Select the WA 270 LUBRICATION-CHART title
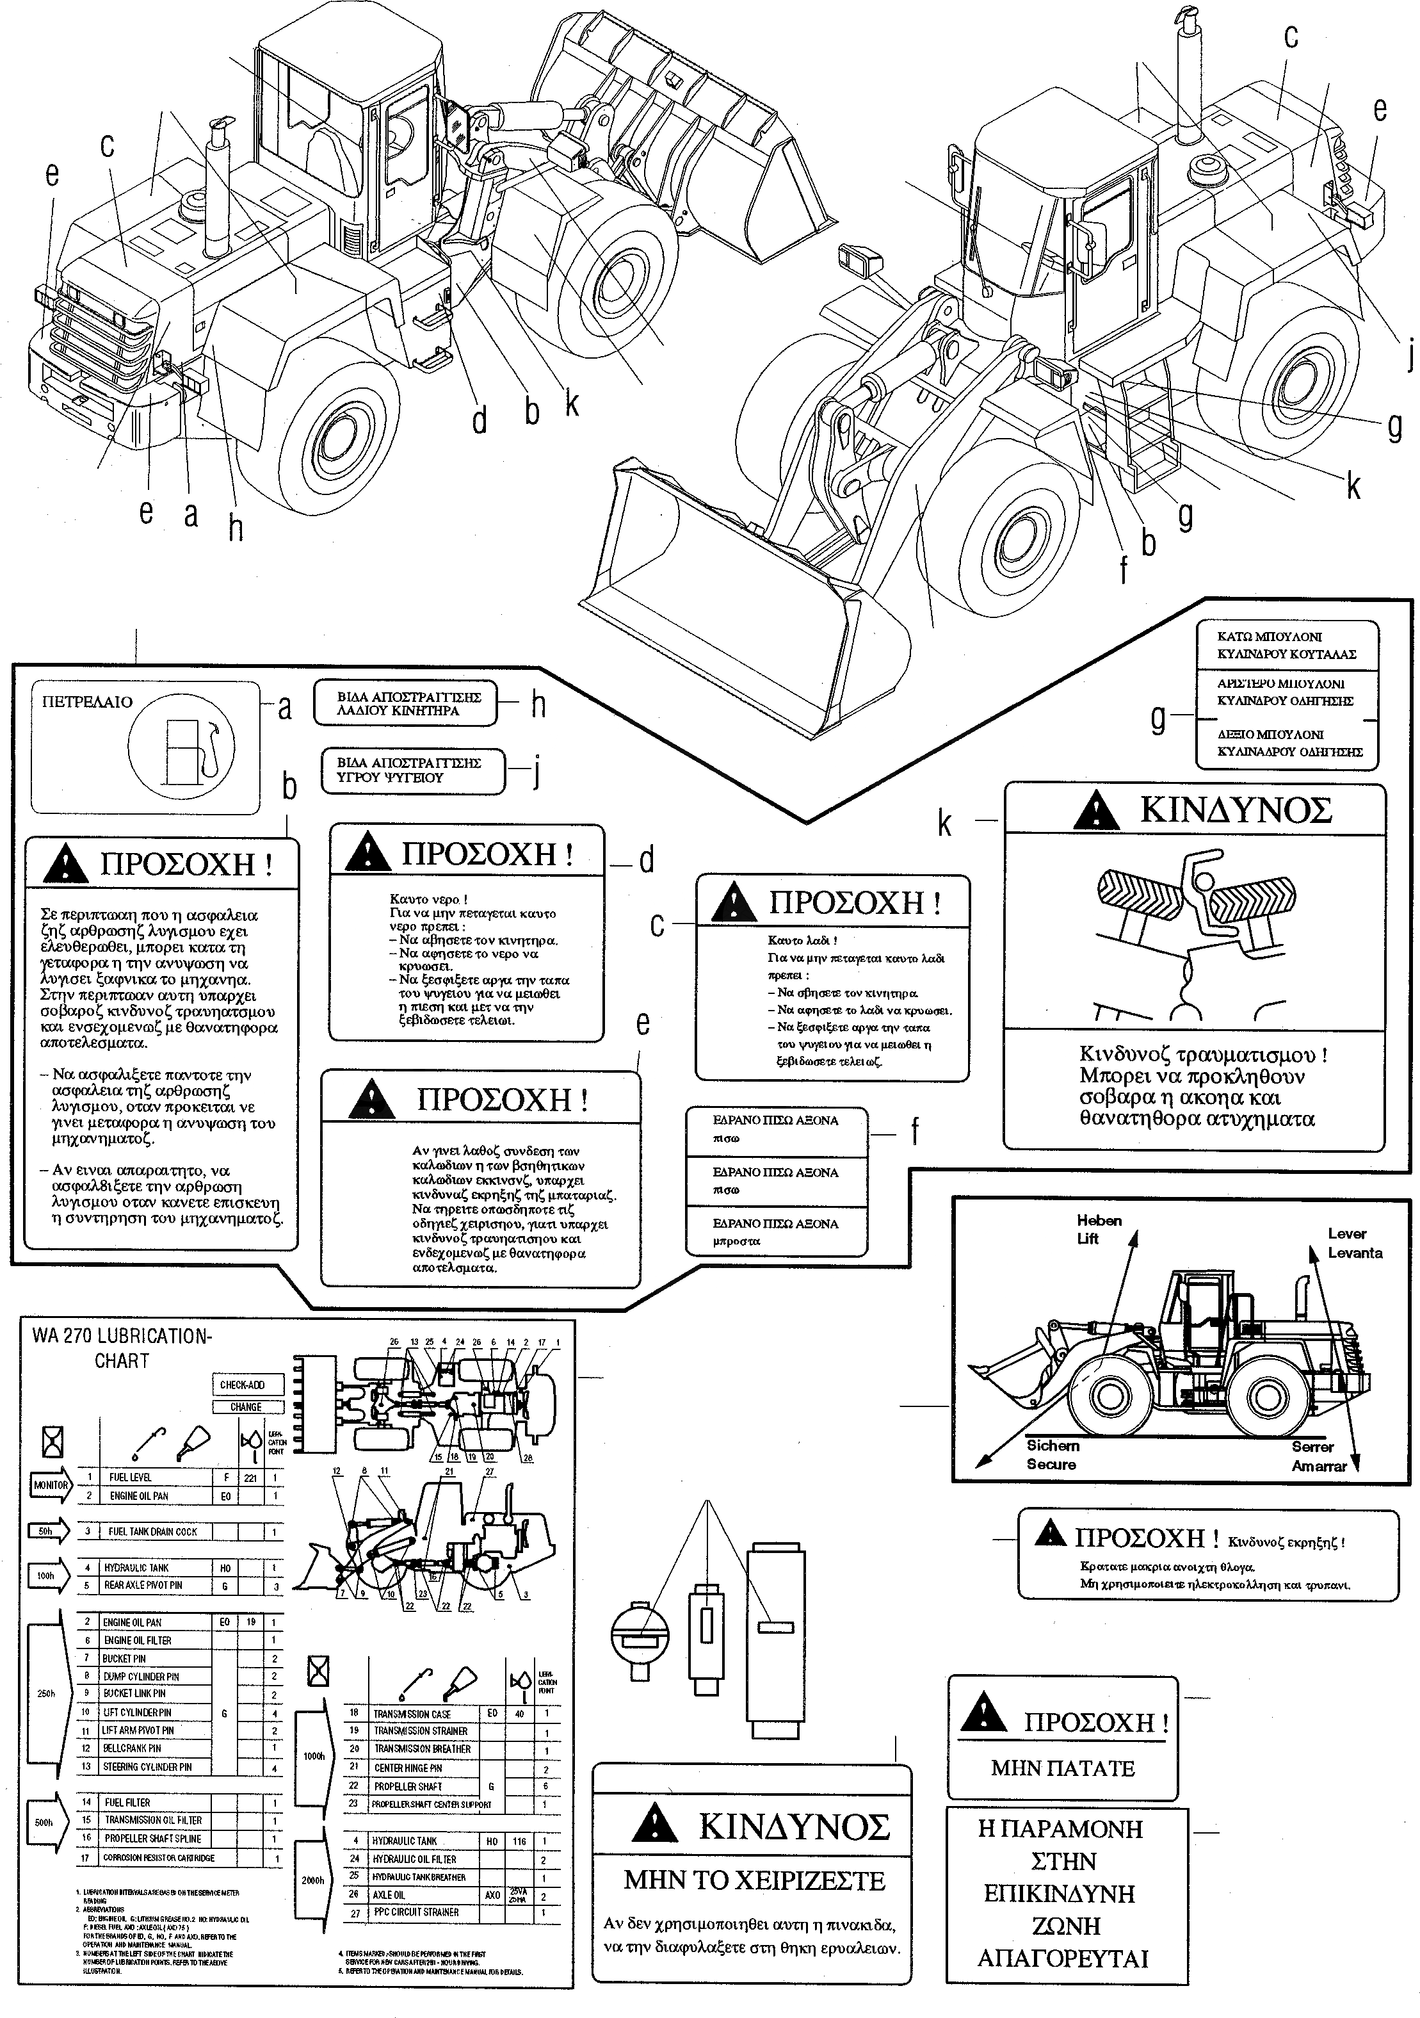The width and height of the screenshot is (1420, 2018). pyautogui.click(x=121, y=1348)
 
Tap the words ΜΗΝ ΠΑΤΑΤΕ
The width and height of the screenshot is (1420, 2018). pyautogui.click(x=1062, y=1768)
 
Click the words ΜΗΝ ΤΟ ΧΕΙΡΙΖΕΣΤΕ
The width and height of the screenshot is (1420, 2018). pyautogui.click(x=754, y=1881)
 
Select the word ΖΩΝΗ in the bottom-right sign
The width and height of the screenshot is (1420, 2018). pyautogui.click(x=1066, y=1926)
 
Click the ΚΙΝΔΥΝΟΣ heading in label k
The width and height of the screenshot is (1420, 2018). pyautogui.click(x=1234, y=810)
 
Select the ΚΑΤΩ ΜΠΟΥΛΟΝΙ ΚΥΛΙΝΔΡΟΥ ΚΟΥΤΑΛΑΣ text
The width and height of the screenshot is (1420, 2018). pyautogui.click(x=1286, y=645)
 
